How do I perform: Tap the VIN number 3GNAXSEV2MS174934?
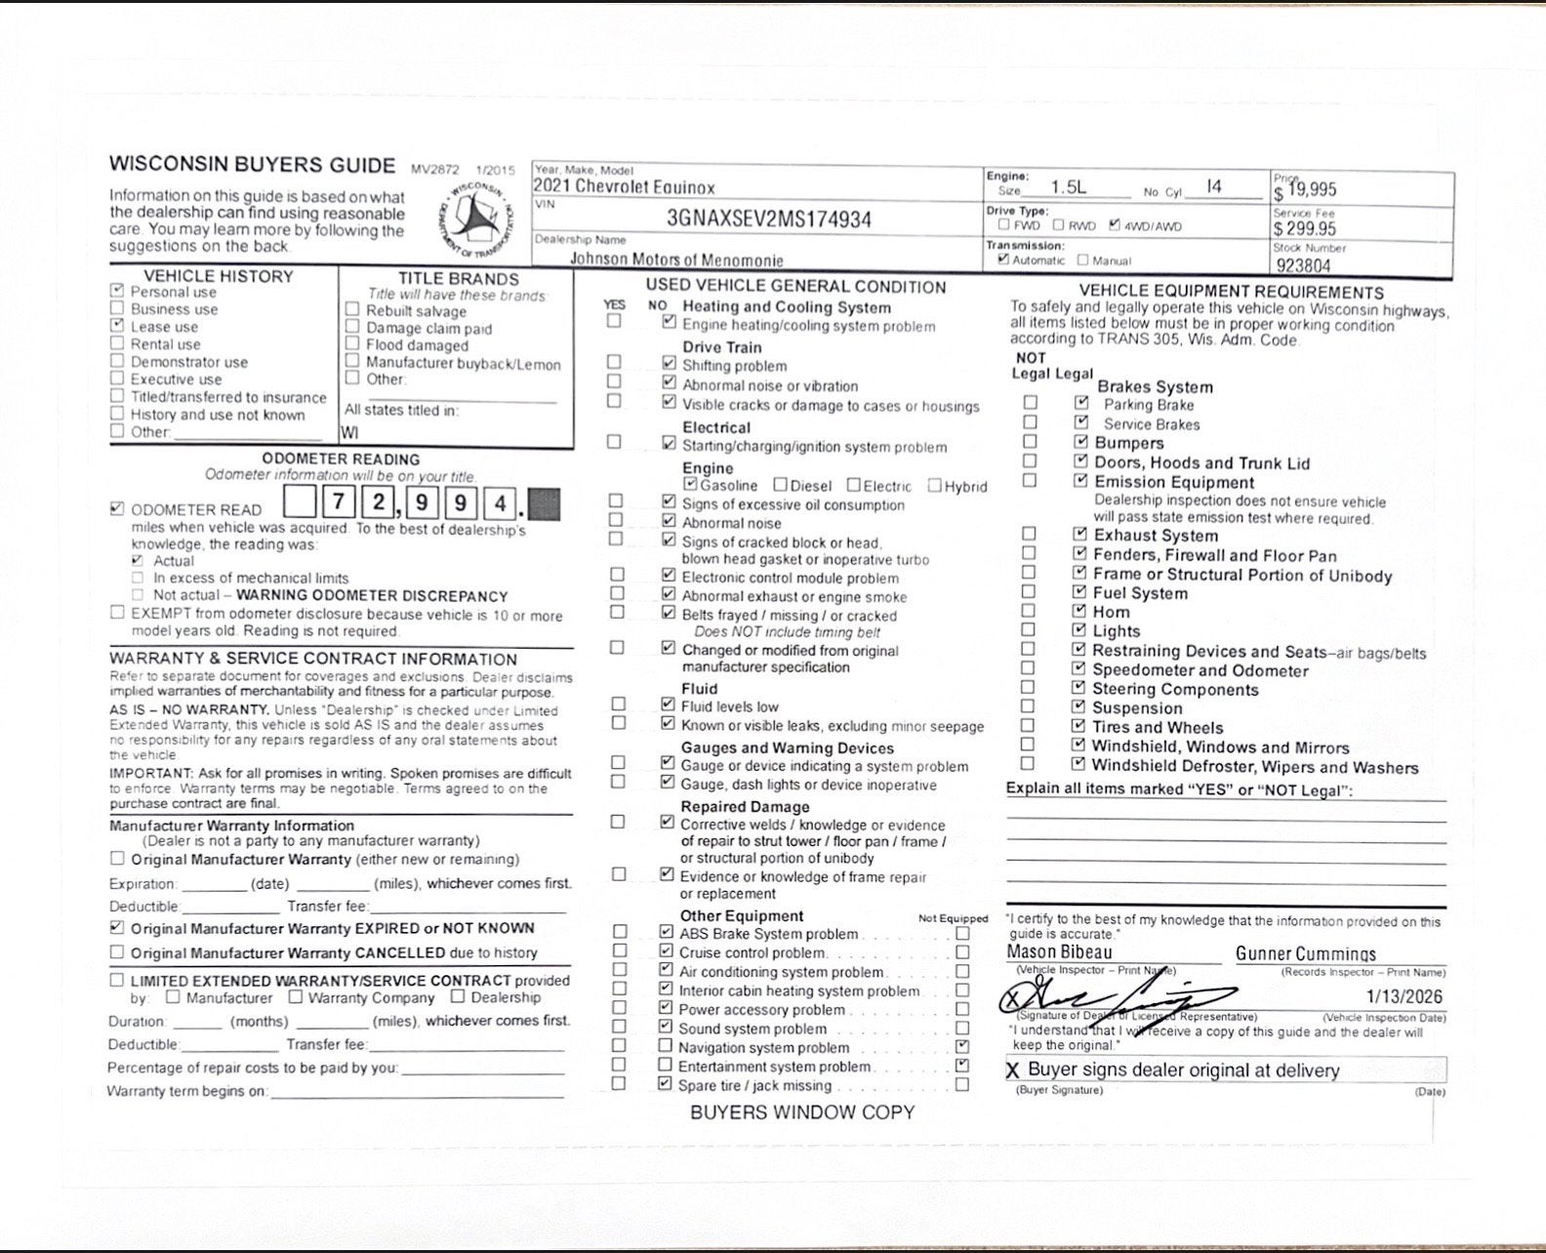(769, 219)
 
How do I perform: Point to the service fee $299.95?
(1304, 229)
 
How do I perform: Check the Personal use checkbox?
(118, 291)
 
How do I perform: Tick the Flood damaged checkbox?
(352, 344)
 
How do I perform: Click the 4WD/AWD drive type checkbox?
(1115, 225)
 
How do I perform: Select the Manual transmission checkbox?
(1083, 260)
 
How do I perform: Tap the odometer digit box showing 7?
(339, 503)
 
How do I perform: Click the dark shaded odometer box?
(544, 504)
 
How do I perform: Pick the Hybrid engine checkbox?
(935, 485)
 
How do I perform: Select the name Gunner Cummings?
(1306, 953)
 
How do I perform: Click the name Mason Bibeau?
(1059, 951)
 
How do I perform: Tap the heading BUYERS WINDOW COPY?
(802, 1112)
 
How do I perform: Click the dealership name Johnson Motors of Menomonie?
(676, 260)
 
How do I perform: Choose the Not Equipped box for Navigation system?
(962, 1047)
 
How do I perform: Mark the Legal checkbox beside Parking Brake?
(1081, 402)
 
